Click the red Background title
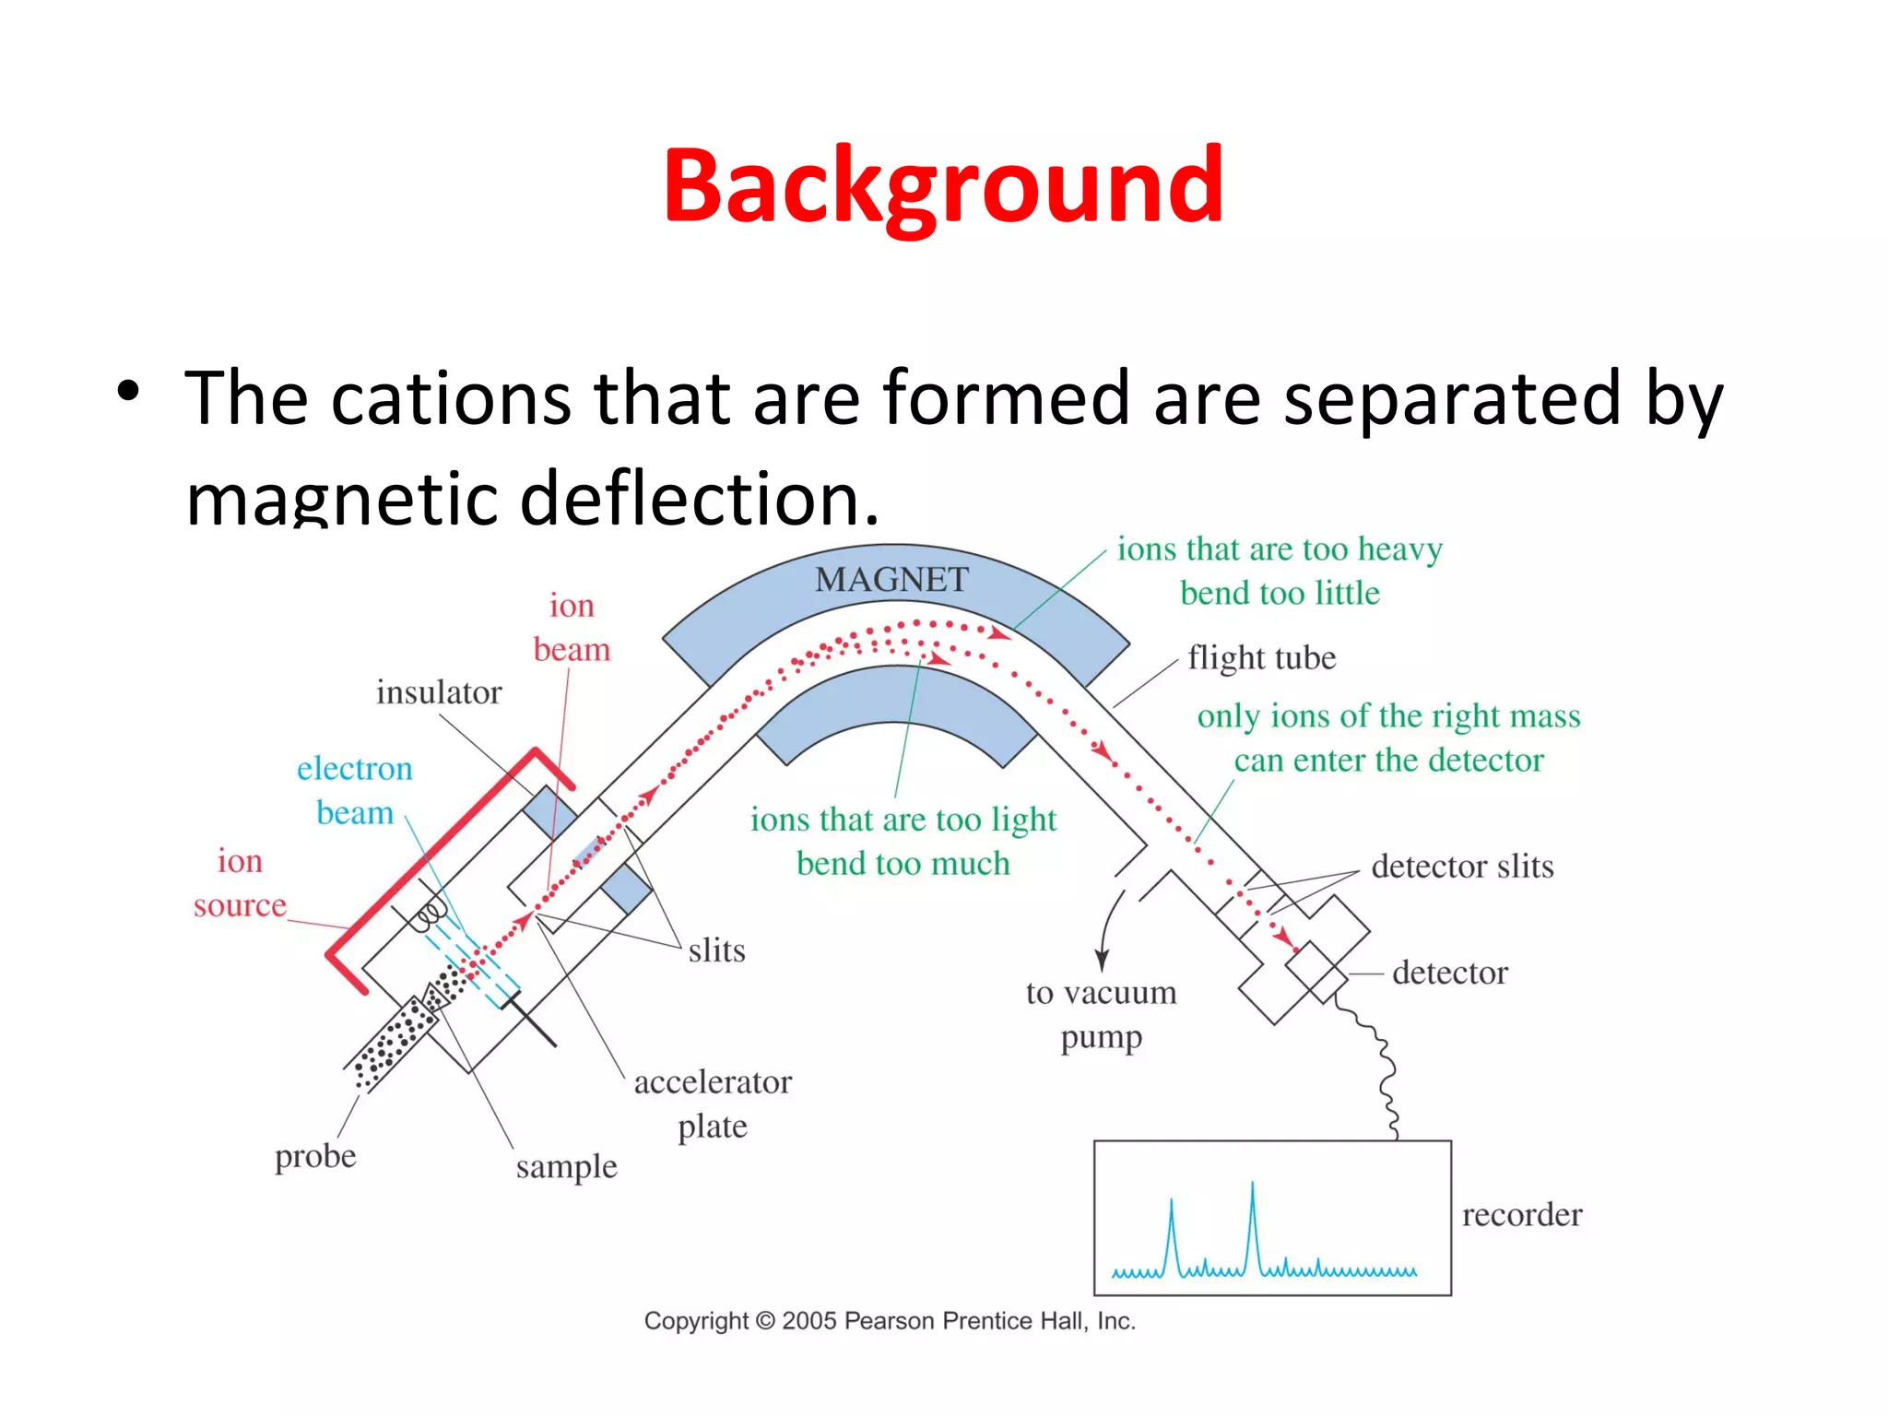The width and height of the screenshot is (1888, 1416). [x=943, y=187]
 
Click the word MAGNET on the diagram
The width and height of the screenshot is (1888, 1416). [x=891, y=580]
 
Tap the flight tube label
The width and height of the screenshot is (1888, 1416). [x=1261, y=658]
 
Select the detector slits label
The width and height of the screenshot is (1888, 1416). [x=1462, y=867]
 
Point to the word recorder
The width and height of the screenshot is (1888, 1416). [x=1521, y=1215]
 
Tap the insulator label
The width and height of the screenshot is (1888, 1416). [x=439, y=692]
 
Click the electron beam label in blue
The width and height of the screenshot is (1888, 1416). [x=355, y=790]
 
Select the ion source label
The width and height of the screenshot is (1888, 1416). [x=240, y=883]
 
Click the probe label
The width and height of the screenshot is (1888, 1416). [x=315, y=1156]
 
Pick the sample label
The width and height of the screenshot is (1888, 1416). [x=566, y=1167]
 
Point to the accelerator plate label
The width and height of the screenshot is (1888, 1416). [x=713, y=1103]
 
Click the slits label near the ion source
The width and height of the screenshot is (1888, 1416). [x=716, y=950]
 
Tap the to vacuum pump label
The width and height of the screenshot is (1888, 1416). [x=1101, y=1014]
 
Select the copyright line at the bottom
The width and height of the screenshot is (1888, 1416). [x=890, y=1321]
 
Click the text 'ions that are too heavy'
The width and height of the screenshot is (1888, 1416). [x=1280, y=549]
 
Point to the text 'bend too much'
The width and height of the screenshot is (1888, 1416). [x=903, y=864]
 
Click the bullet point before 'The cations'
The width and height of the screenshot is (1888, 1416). [x=128, y=392]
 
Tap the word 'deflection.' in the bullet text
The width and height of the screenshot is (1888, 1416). [x=700, y=499]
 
